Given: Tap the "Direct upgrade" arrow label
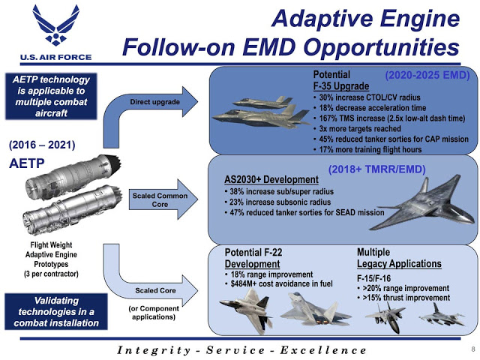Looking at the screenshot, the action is tap(154, 102).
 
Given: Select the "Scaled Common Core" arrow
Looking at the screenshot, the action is tap(163, 199).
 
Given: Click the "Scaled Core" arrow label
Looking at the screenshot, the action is tap(155, 290).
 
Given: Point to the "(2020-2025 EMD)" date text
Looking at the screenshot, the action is tap(427, 75).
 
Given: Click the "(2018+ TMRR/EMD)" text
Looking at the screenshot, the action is tap(376, 169).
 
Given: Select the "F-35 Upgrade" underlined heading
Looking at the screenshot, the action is tap(341, 86).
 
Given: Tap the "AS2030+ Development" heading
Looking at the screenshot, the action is tap(271, 179).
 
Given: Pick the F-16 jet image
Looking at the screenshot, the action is tap(442, 315).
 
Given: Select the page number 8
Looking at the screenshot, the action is tap(473, 349).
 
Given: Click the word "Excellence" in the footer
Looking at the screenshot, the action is tap(323, 350).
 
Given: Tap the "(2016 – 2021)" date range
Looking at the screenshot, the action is tap(42, 145).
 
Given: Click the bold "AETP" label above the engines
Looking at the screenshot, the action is tap(27, 163).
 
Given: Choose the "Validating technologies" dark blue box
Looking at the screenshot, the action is tap(56, 312).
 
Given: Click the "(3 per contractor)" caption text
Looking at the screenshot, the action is tap(51, 274).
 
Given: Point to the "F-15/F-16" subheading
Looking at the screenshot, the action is tap(373, 278).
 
